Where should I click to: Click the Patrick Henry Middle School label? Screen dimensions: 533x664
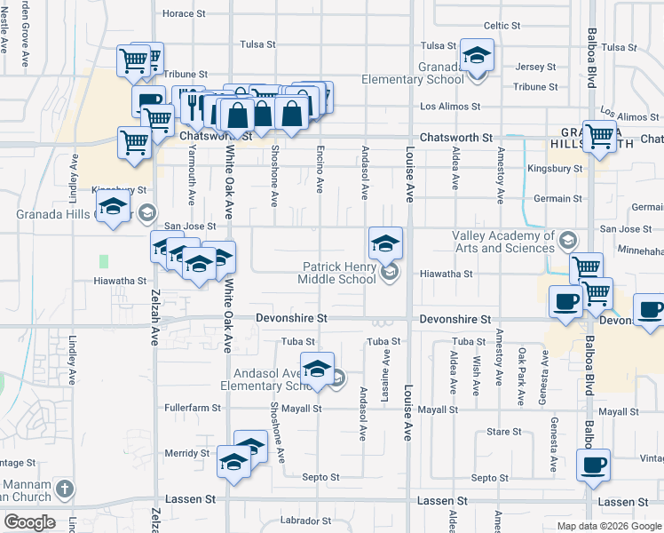pyautogui.click(x=339, y=273)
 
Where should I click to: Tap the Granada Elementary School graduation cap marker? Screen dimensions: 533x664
pyautogui.click(x=477, y=59)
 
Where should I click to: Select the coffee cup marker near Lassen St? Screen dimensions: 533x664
pyautogui.click(x=593, y=465)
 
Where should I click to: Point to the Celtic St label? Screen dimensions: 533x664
pyautogui.click(x=502, y=26)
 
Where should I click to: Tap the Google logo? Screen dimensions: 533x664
pyautogui.click(x=28, y=521)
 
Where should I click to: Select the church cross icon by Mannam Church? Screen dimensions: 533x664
pyautogui.click(x=64, y=489)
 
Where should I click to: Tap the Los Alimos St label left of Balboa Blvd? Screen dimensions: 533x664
pyautogui.click(x=450, y=107)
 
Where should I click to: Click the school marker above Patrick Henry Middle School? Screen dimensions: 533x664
pyautogui.click(x=386, y=243)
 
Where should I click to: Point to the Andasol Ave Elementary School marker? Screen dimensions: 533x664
pyautogui.click(x=317, y=367)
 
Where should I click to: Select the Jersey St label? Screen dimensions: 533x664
pyautogui.click(x=535, y=67)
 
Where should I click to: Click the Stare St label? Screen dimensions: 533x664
pyautogui.click(x=504, y=432)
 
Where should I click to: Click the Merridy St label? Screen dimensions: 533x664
pyautogui.click(x=186, y=453)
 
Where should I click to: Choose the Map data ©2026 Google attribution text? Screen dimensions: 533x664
pyautogui.click(x=609, y=526)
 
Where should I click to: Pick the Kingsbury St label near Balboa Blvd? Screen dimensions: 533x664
pyautogui.click(x=554, y=168)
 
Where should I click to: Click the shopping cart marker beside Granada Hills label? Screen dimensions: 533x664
pyautogui.click(x=600, y=136)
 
